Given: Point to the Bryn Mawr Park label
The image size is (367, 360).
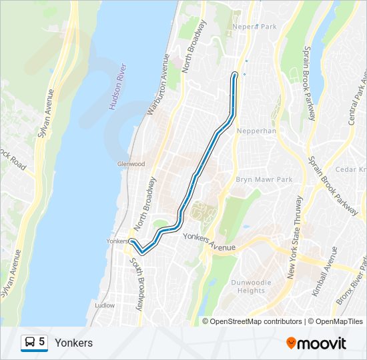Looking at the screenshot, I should click(x=264, y=180).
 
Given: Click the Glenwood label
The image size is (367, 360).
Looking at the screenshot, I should click(x=131, y=164).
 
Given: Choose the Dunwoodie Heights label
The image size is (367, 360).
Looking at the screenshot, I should click(x=252, y=287).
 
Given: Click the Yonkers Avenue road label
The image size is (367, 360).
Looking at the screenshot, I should click(x=209, y=242).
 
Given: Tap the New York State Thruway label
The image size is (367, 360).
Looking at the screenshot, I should click(x=294, y=237).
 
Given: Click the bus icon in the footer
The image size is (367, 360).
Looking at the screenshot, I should click(x=29, y=343).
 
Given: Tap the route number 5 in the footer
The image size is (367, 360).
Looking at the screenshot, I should click(x=42, y=342).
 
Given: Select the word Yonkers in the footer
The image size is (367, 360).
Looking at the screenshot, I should click(x=73, y=343).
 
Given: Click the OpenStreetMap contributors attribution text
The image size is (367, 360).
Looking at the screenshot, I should click(x=256, y=321).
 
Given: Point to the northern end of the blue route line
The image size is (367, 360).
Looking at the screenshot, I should click(x=234, y=73).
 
